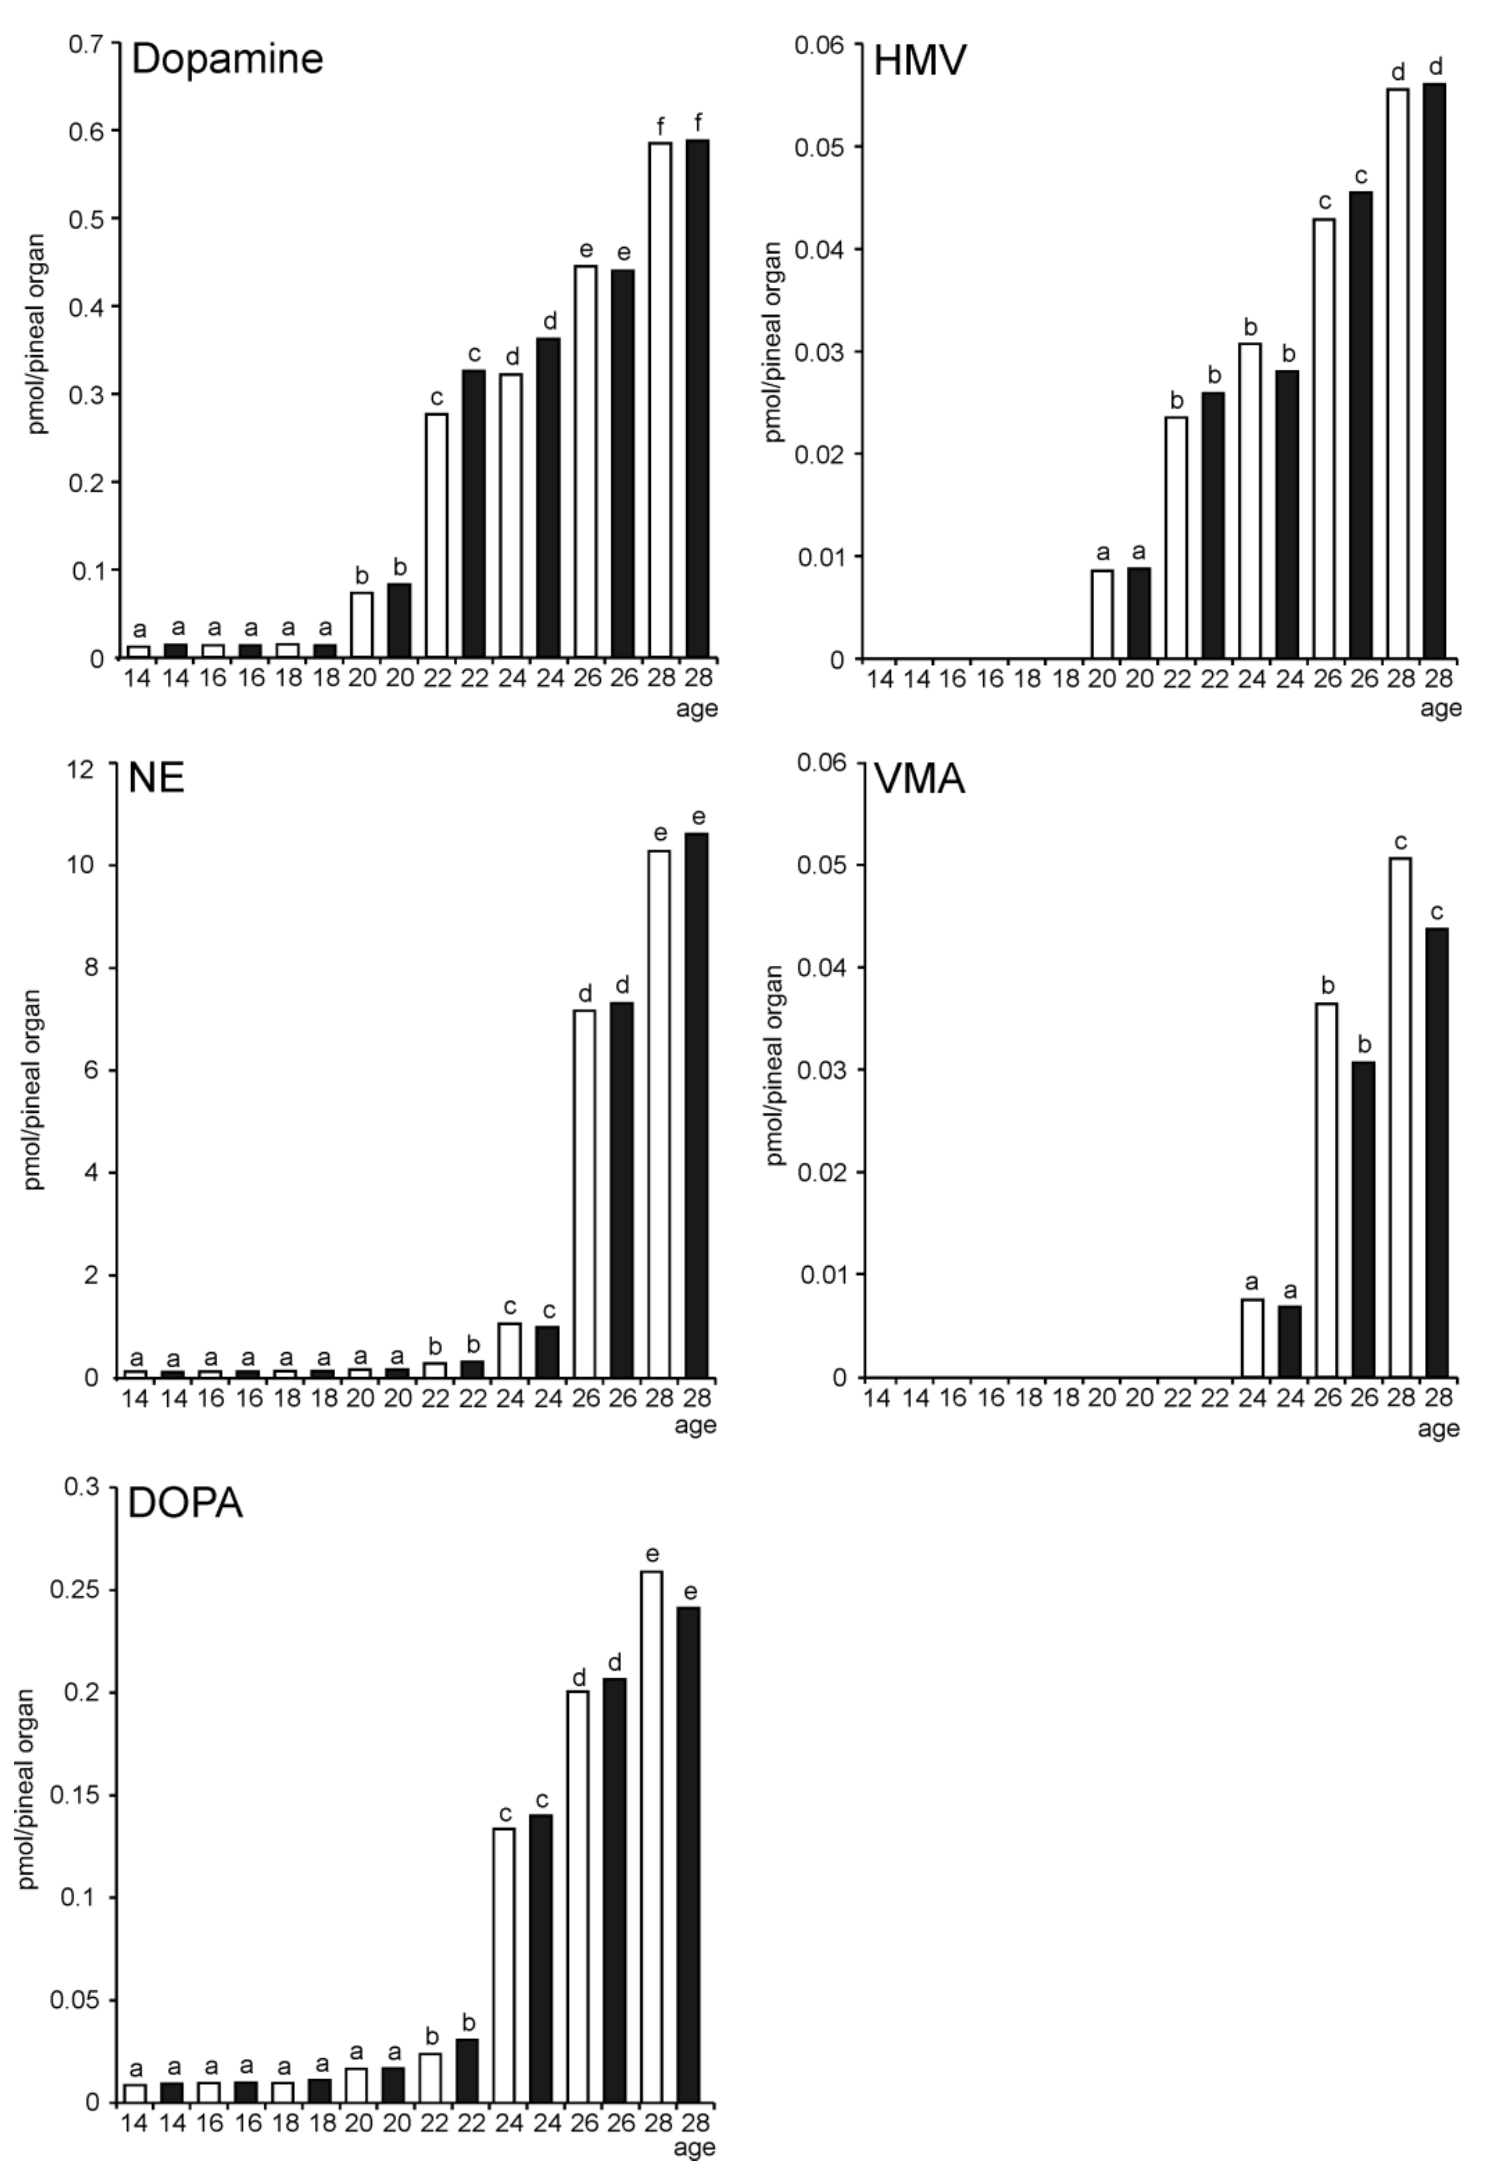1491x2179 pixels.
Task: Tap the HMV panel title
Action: (x=919, y=62)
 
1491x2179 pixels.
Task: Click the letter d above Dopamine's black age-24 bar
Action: (x=548, y=321)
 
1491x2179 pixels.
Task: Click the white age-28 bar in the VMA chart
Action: (x=1400, y=1118)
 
